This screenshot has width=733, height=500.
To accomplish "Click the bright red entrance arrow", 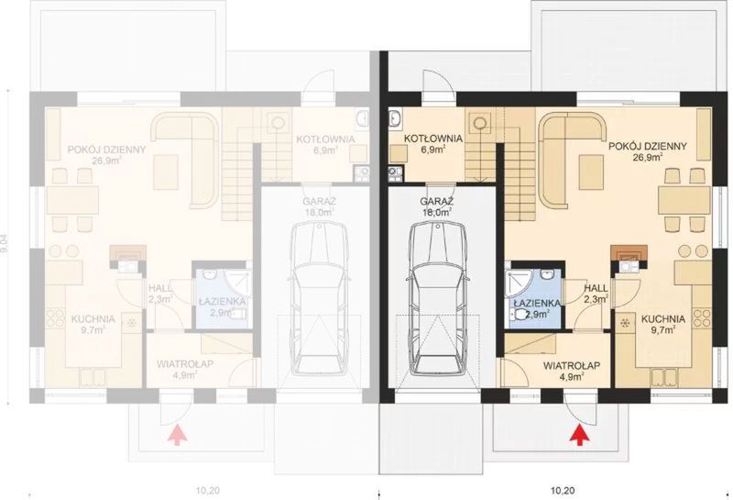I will point(579,434).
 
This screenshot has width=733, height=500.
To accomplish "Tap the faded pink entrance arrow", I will point(174,434).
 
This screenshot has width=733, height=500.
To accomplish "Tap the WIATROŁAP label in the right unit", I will point(571,364).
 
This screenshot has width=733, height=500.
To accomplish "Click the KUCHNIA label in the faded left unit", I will point(93,318).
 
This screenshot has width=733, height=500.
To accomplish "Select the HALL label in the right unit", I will point(597,287).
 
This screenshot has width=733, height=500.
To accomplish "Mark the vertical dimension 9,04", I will point(10,249).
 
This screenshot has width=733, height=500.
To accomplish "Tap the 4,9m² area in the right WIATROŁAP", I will point(571,375).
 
